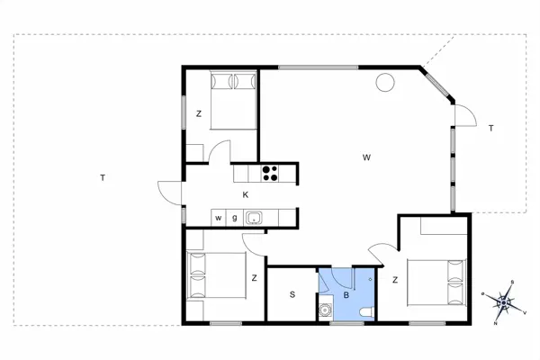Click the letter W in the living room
coord(366,157)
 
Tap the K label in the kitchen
coord(245,194)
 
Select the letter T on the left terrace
coord(103,177)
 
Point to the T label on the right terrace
coord(490,129)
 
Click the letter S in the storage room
coord(292,294)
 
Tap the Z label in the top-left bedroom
coord(199,113)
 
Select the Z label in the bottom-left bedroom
coord(255,277)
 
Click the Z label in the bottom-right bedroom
coord(394,281)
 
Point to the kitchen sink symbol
coord(255,217)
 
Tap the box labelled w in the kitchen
coord(219,217)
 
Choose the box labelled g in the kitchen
coord(235,217)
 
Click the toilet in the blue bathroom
coord(364,310)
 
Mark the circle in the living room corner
coord(384,84)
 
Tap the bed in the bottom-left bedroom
coord(217,276)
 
